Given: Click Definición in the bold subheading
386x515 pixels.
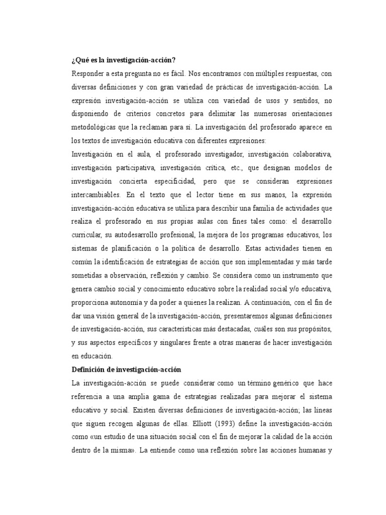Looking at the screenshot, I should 88,369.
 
